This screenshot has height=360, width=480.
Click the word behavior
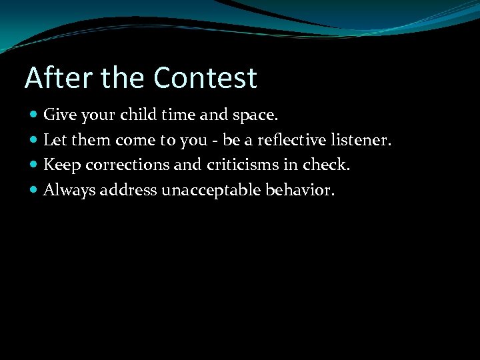pyautogui.click(x=300, y=191)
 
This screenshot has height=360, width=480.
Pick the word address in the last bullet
pyautogui.click(x=125, y=191)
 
